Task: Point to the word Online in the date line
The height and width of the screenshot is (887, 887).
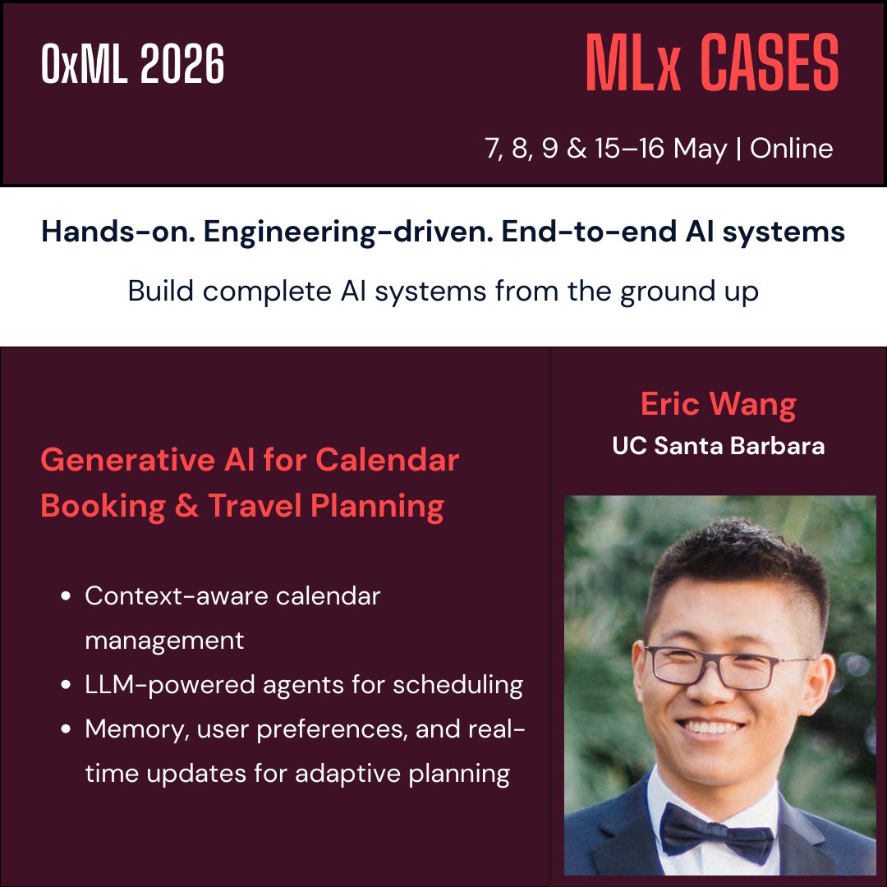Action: pyautogui.click(x=792, y=149)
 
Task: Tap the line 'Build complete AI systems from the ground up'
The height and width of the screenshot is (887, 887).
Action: pyautogui.click(x=443, y=292)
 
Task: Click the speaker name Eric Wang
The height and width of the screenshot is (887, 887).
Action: pyautogui.click(x=718, y=404)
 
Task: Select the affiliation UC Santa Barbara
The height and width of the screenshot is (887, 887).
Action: pyautogui.click(x=718, y=446)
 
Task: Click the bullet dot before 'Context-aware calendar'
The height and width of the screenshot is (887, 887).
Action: pyautogui.click(x=66, y=597)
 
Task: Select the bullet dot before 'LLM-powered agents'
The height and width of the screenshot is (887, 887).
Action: pyautogui.click(x=66, y=686)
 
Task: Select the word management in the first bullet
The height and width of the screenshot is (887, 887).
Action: pyautogui.click(x=164, y=640)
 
